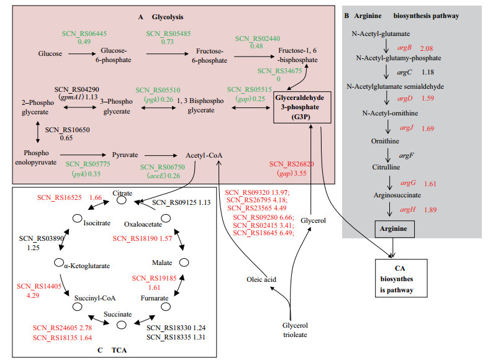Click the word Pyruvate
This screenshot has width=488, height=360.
coord(124,153)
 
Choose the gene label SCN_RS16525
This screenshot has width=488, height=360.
coord(55,197)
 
